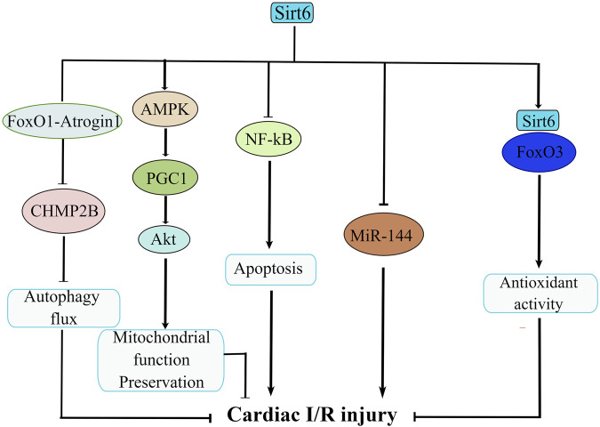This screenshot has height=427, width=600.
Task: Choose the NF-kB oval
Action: [269, 139]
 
